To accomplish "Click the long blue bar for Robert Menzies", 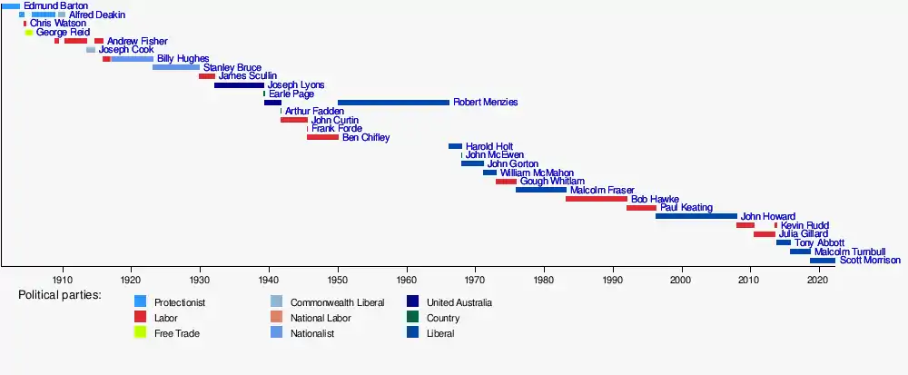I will tap(393, 103).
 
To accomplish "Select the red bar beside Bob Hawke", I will tap(596, 199).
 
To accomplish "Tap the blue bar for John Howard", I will tap(696, 216).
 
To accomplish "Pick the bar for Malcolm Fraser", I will tap(540, 190).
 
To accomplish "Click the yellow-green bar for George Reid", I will tap(28, 33).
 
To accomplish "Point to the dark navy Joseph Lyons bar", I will tap(239, 85).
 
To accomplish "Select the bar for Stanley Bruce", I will tap(175, 67).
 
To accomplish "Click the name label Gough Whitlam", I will tap(552, 181).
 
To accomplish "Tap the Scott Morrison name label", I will tap(870, 261).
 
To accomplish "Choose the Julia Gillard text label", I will tap(802, 234).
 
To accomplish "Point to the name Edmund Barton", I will tap(56, 6).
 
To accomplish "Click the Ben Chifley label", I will tap(366, 138).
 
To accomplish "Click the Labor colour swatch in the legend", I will tap(141, 318).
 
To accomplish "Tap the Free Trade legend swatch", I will tap(141, 333).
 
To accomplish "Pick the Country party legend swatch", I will tap(413, 318).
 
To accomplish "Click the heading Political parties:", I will tap(60, 296).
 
